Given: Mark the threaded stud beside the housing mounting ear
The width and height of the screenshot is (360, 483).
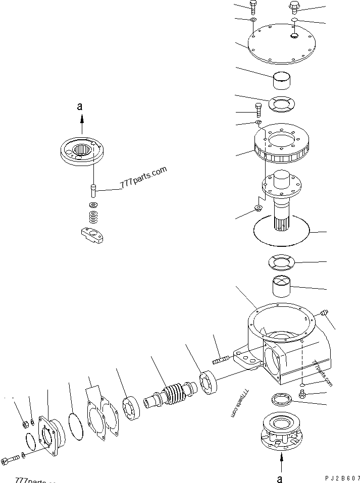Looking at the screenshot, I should point(221,359).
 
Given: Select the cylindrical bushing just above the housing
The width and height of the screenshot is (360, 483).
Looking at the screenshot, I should point(282,286).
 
